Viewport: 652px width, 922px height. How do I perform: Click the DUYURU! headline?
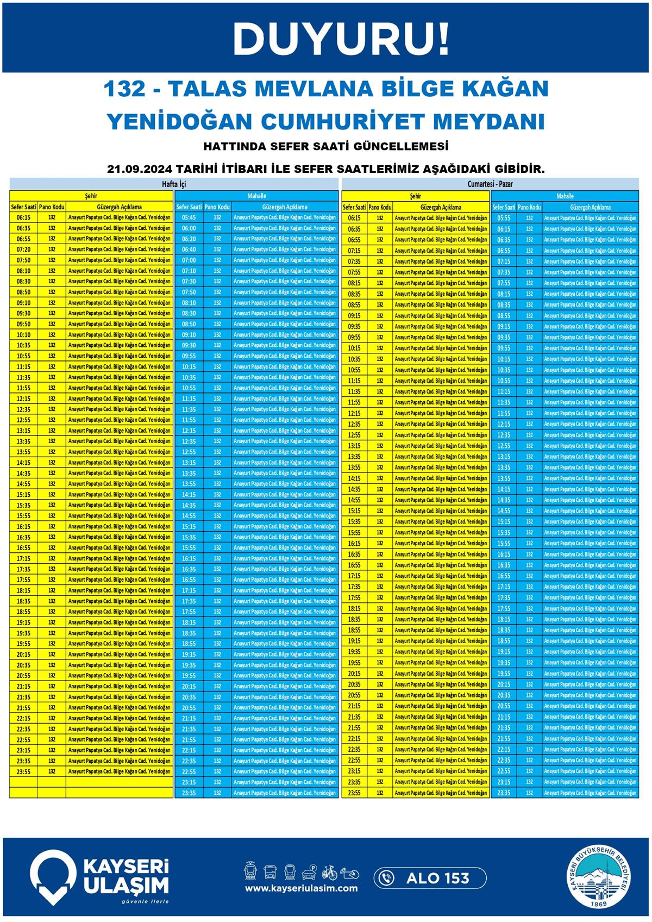(x=341, y=39)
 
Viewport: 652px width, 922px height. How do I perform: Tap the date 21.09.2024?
(x=139, y=169)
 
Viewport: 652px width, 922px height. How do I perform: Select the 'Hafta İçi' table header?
(x=174, y=184)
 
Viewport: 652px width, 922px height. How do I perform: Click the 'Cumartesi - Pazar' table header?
(x=490, y=184)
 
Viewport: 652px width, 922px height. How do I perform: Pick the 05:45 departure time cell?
(x=189, y=217)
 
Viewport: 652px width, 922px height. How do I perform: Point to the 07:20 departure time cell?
(x=23, y=250)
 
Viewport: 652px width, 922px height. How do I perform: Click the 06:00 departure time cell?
(x=189, y=228)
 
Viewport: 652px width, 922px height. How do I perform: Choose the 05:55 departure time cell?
(x=504, y=218)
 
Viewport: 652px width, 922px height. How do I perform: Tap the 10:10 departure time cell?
(x=23, y=335)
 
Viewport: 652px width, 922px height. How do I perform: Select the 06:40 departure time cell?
(x=189, y=250)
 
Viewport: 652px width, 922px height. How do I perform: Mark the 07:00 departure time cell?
(x=189, y=260)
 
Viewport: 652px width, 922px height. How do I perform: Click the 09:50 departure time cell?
(x=23, y=324)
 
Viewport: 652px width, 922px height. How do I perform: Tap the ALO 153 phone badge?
(x=430, y=878)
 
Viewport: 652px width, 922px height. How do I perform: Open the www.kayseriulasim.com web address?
(x=301, y=888)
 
